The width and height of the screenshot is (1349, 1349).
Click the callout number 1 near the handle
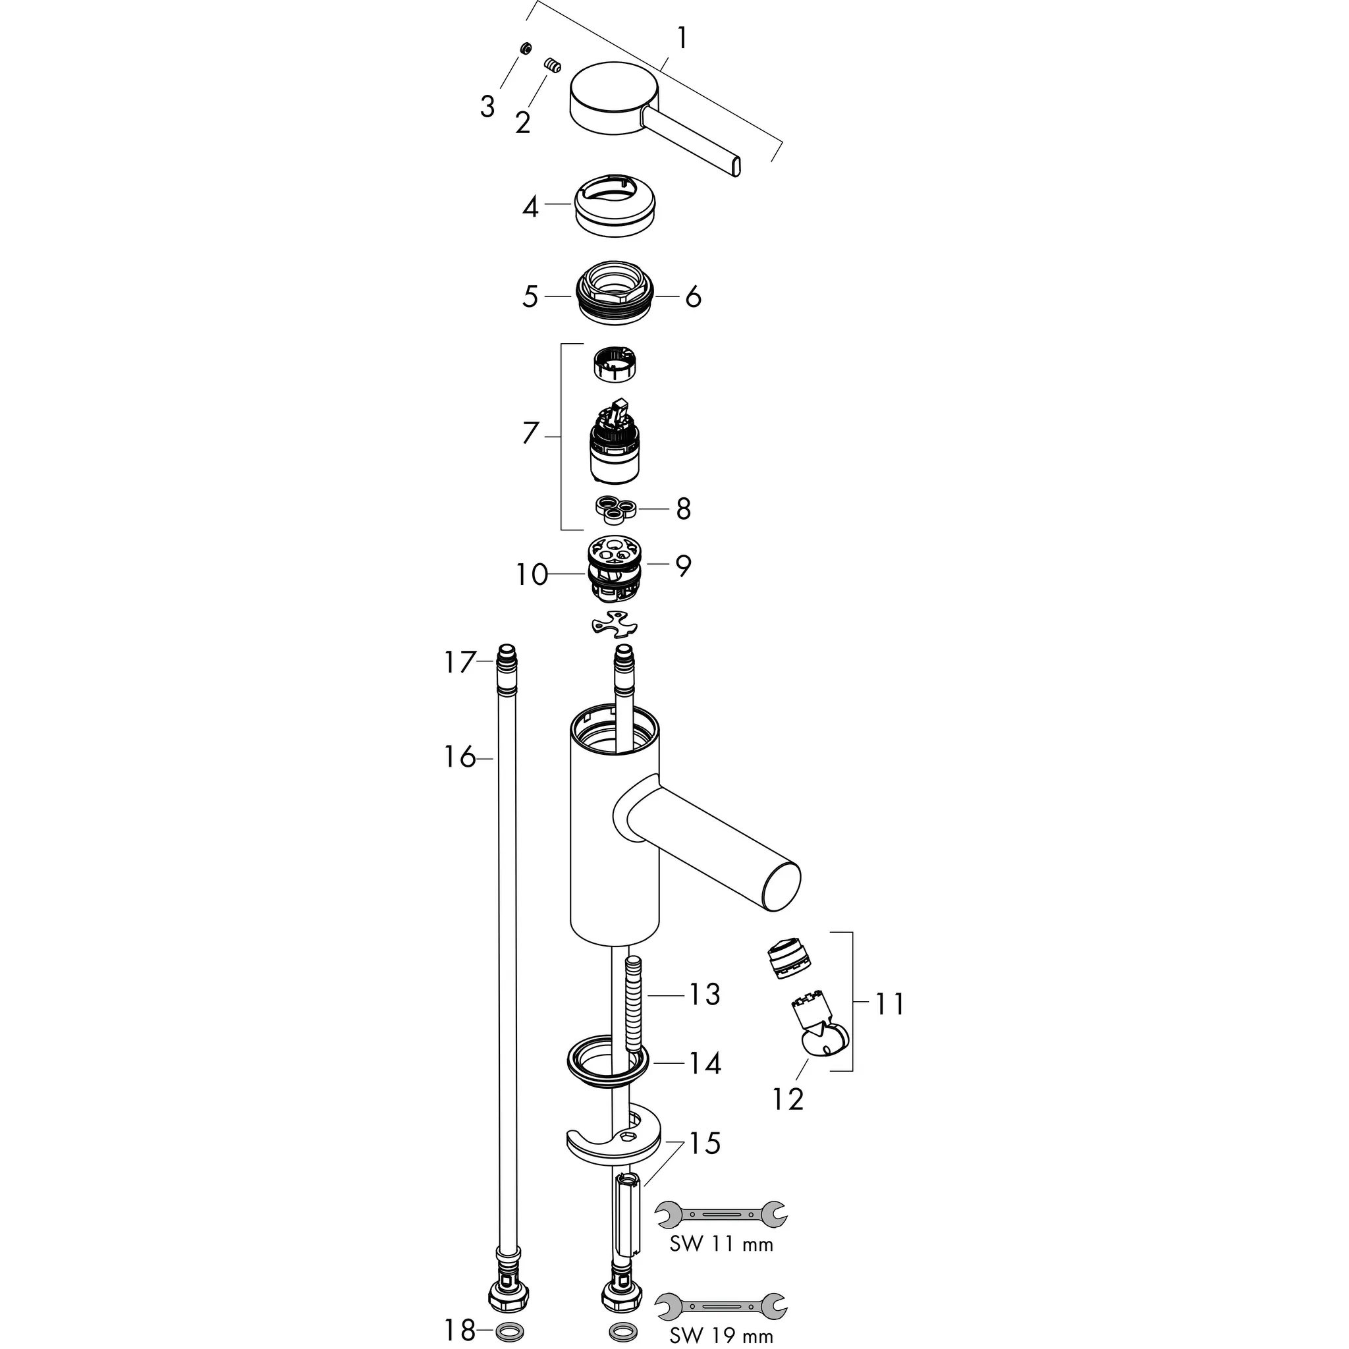click(682, 38)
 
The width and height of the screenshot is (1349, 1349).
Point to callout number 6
click(693, 298)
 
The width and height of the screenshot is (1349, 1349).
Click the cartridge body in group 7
click(615, 447)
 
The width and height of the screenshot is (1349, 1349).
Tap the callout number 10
click(532, 574)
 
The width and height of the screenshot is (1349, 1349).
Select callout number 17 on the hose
click(460, 662)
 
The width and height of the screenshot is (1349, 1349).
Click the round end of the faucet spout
click(781, 887)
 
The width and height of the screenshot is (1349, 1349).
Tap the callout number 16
click(460, 756)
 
